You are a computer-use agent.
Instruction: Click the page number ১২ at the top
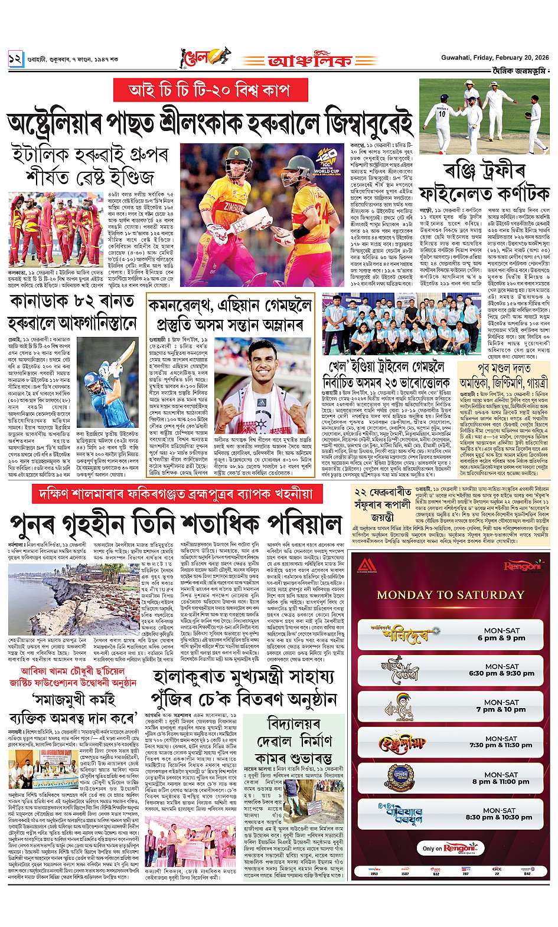tap(15, 58)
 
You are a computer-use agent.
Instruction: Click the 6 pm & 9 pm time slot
tap(505, 634)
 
